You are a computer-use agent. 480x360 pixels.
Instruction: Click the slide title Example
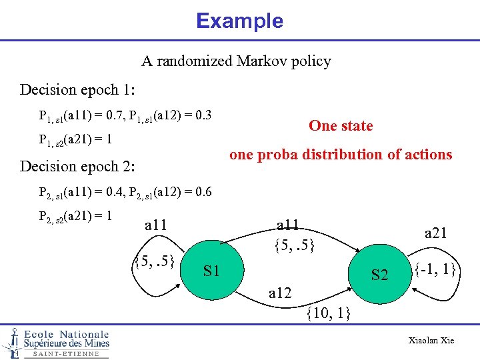tap(239, 21)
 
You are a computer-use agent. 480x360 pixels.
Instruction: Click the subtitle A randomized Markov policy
tap(236, 61)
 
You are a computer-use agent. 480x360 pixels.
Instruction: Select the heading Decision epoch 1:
tap(78, 89)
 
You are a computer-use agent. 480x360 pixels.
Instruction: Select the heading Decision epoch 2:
tap(78, 166)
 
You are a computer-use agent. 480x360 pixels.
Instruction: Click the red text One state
tap(341, 126)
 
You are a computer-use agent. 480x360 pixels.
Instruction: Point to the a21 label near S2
tap(435, 233)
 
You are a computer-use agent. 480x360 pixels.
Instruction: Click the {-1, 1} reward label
tap(435, 270)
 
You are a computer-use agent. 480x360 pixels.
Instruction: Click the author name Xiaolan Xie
tap(431, 341)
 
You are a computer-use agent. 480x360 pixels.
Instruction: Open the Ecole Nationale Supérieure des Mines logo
tap(56, 342)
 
